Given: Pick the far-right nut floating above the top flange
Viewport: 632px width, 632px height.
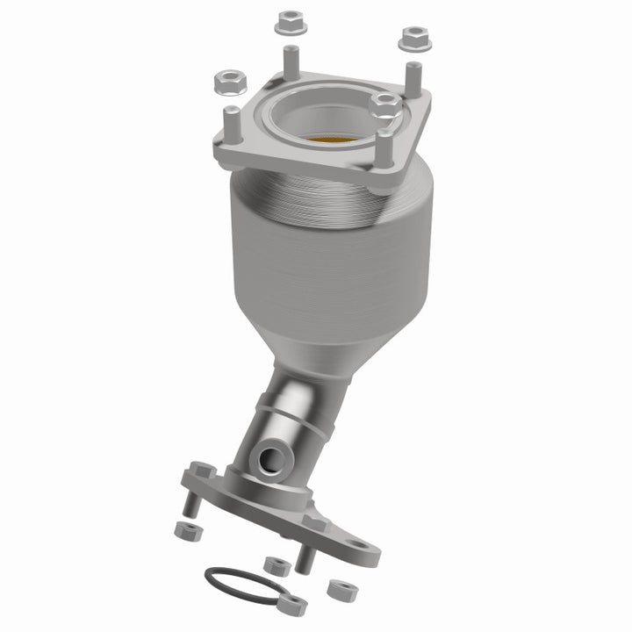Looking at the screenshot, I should tap(413, 38).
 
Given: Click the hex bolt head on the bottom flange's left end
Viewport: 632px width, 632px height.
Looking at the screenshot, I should tap(201, 471).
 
